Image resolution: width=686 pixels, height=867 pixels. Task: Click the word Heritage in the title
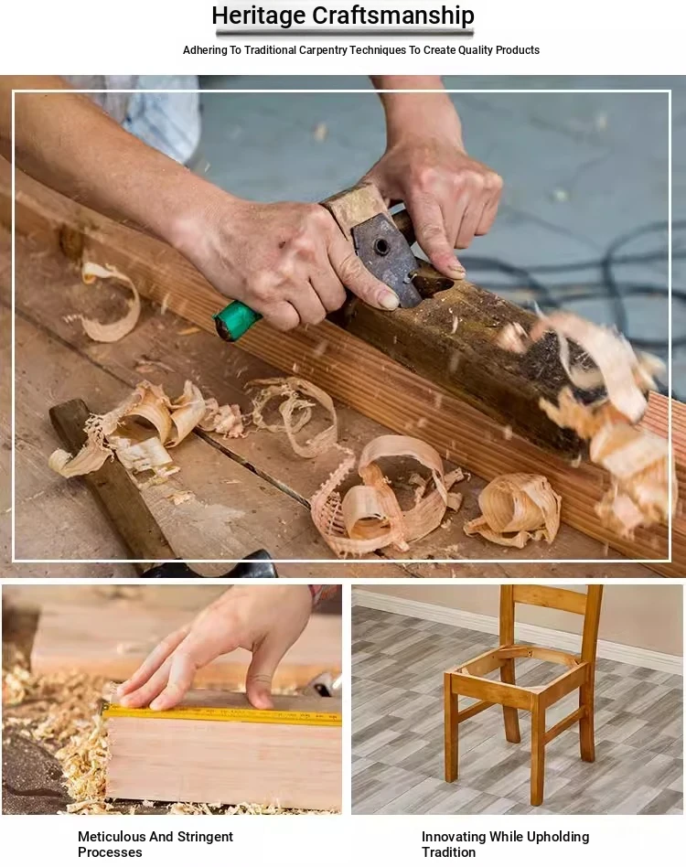coord(259,15)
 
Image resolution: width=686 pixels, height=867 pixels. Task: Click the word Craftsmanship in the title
coord(393,15)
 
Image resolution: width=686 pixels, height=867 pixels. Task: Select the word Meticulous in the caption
coord(112,837)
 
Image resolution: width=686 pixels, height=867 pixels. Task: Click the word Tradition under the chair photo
coord(448,852)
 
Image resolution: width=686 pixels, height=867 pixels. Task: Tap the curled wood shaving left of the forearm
coord(113,303)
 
